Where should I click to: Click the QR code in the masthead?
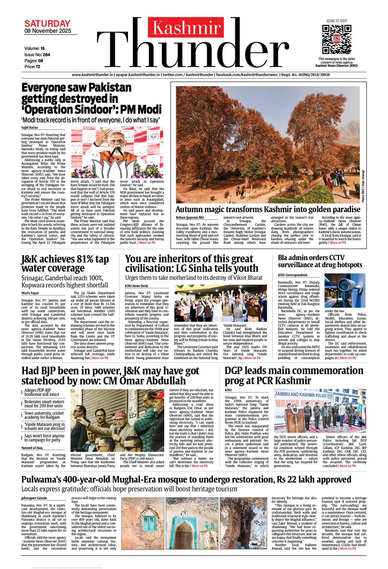(x=337, y=39)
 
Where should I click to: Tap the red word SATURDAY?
(x=47, y=24)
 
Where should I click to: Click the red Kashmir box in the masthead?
(x=186, y=27)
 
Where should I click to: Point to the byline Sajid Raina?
(x=30, y=127)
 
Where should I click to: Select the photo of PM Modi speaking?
(x=117, y=152)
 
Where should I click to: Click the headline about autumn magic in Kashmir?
(x=268, y=209)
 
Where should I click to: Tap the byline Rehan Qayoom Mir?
(x=190, y=217)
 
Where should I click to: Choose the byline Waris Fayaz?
(x=30, y=293)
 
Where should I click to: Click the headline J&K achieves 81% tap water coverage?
(x=65, y=263)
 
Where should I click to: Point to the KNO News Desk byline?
(x=136, y=286)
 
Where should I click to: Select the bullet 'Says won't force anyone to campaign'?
(x=44, y=438)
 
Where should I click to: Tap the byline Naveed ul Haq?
(x=32, y=448)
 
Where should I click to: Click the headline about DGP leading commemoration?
(x=294, y=375)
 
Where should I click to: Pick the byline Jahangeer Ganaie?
(x=34, y=498)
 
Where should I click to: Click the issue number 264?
(x=46, y=55)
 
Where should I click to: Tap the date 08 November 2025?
(x=48, y=31)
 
